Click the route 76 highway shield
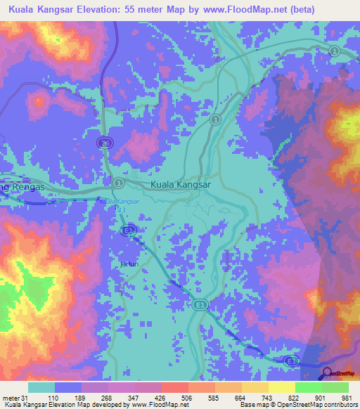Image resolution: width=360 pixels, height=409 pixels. pyautogui.click(x=103, y=143)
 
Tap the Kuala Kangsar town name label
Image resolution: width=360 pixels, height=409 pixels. pyautogui.click(x=180, y=185)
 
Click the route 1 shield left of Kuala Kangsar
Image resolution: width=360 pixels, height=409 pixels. pyautogui.click(x=118, y=183)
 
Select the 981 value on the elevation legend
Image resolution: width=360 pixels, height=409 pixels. pyautogui.click(x=347, y=398)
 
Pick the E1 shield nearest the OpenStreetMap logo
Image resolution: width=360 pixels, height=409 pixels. pyautogui.click(x=290, y=360)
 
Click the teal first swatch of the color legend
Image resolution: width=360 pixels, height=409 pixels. pyautogui.click(x=41, y=387)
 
